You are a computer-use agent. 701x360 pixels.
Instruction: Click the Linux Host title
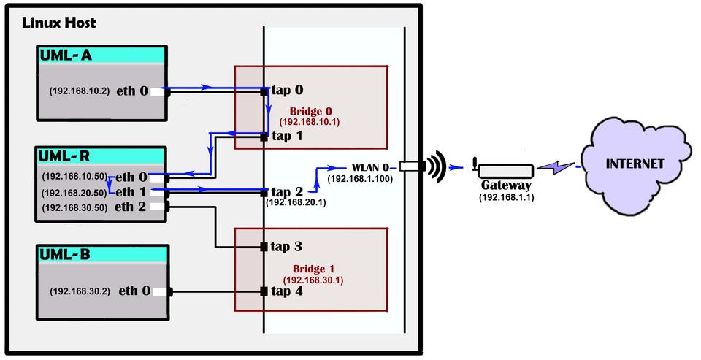click(59, 23)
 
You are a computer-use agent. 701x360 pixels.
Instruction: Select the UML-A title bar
click(102, 55)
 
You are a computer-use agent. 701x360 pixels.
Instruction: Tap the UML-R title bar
click(102, 156)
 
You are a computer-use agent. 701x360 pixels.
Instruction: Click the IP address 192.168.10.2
click(80, 92)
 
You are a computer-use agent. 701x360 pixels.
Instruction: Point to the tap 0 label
click(286, 91)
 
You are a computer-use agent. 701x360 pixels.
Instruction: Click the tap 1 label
click(286, 136)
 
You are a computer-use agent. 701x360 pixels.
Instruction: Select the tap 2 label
click(286, 191)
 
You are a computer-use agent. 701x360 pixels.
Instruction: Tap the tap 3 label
click(286, 246)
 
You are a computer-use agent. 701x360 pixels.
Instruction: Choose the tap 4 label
click(286, 291)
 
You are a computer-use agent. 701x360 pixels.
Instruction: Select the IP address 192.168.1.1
click(507, 197)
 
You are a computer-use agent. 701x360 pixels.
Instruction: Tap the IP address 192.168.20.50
click(74, 192)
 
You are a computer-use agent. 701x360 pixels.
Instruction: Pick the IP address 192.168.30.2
click(80, 291)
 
